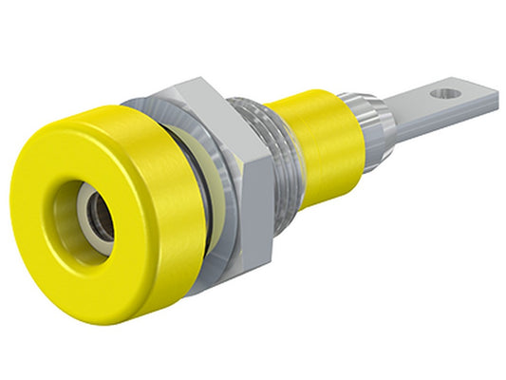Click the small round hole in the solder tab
[440, 94]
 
